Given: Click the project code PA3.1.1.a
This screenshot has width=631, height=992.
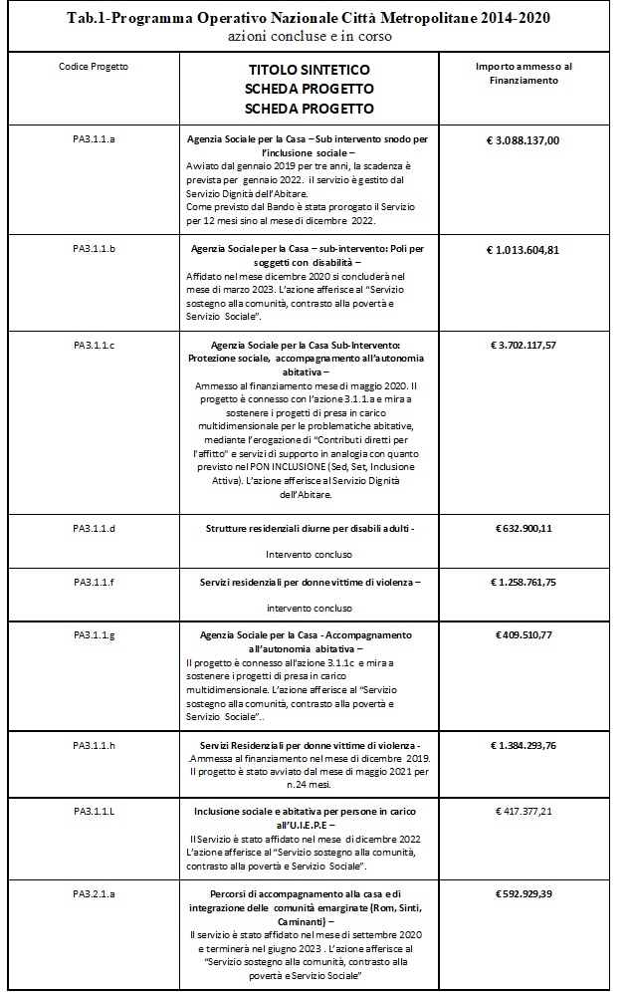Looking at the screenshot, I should click(x=95, y=140).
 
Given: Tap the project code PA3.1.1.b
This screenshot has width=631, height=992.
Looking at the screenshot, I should click(x=95, y=249).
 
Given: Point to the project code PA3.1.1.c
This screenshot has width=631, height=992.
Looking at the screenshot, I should click(x=95, y=345).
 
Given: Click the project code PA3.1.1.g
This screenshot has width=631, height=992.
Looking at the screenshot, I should click(x=95, y=634).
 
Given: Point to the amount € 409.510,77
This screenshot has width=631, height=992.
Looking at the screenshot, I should click(x=525, y=634).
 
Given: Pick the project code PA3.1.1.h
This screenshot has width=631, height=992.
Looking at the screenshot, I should click(x=95, y=745).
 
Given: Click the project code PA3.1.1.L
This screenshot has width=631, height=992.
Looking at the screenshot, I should click(x=95, y=813).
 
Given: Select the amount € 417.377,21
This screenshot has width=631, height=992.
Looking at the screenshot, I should click(x=525, y=813).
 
